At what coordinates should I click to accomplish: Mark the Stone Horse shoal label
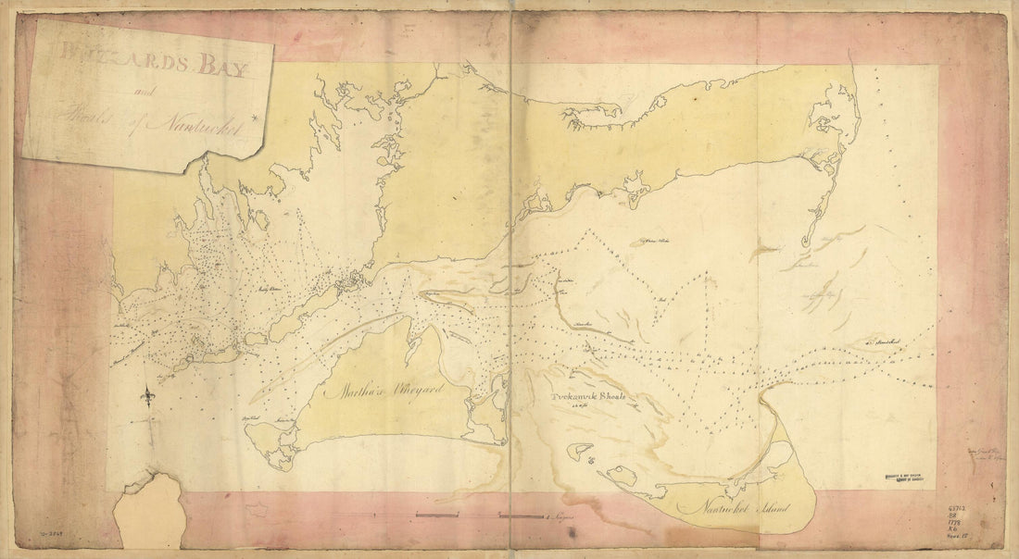click(881, 342)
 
